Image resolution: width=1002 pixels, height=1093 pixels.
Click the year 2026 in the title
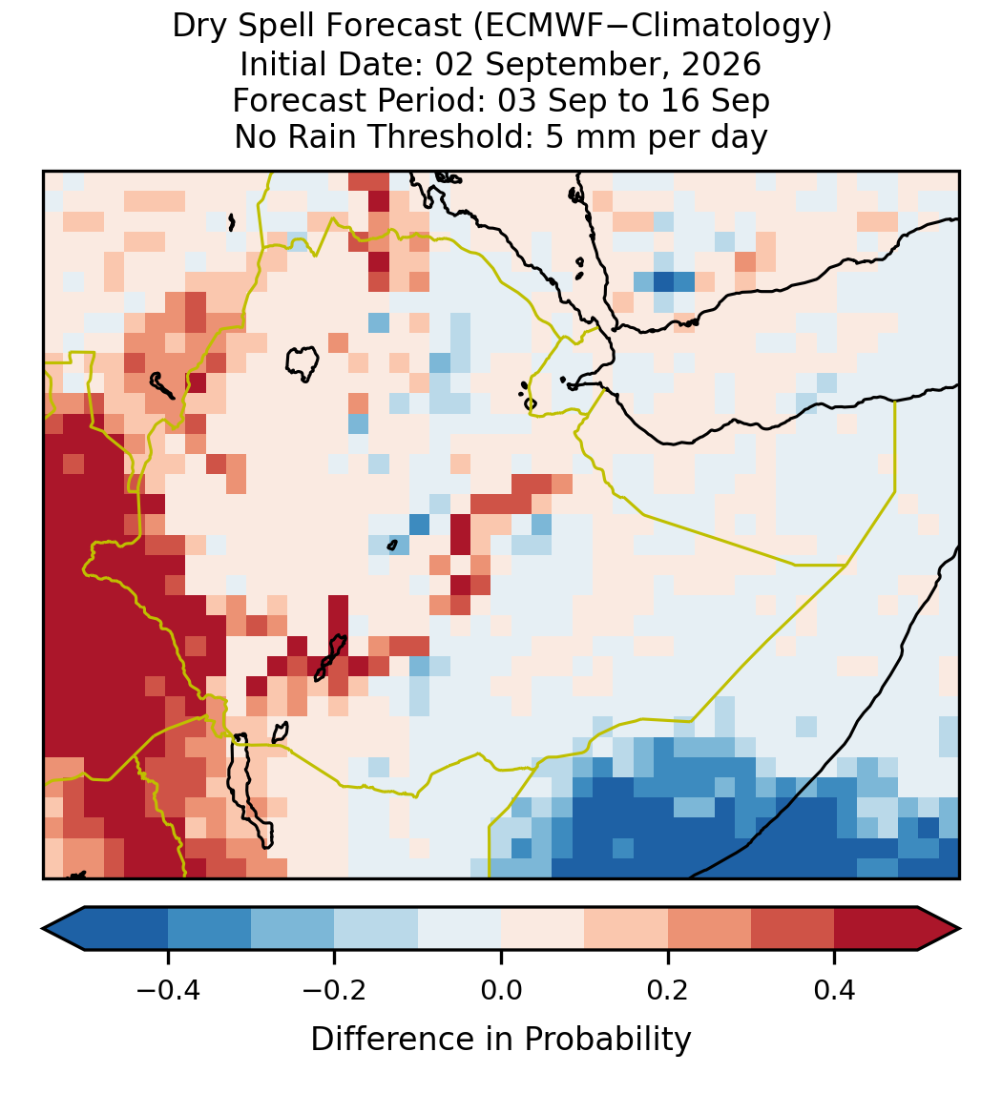(x=721, y=64)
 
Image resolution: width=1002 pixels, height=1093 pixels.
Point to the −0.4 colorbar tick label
(x=168, y=990)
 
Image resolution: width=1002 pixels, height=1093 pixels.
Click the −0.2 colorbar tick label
(x=335, y=990)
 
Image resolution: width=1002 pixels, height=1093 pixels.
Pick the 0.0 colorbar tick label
(x=501, y=990)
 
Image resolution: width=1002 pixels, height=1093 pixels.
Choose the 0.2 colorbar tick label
(x=668, y=990)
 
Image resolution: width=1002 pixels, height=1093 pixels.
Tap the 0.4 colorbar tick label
(x=835, y=990)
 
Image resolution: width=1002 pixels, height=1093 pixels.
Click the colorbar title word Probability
(x=608, y=1040)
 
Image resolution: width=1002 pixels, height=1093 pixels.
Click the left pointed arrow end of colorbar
(x=64, y=929)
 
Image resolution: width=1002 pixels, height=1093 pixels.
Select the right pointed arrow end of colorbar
(x=939, y=929)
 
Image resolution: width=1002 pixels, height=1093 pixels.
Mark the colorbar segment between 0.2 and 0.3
(x=710, y=929)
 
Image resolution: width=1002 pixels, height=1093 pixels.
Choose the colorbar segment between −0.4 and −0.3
(x=210, y=929)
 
